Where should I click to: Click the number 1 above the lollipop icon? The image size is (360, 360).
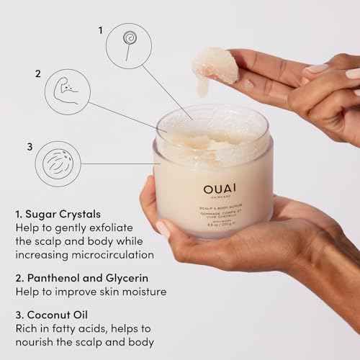[101, 30]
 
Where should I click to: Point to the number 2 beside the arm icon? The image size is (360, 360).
[37, 73]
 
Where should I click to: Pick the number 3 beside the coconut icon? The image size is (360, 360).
[30, 147]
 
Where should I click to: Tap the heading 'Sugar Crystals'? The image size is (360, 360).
[63, 214]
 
